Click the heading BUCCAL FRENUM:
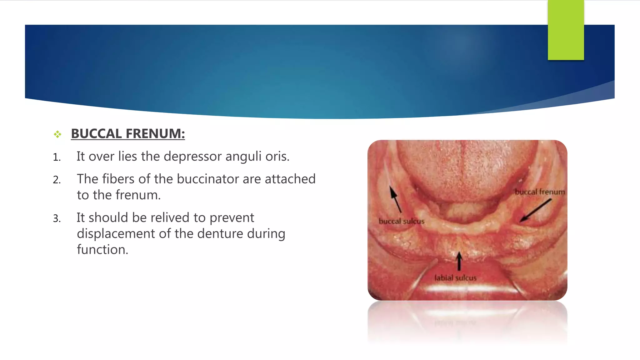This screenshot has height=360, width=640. tap(128, 134)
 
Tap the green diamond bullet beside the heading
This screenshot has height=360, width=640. tap(57, 134)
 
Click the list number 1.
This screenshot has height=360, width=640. tap(57, 157)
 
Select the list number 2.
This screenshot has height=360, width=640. tap(57, 180)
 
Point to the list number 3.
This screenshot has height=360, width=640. tap(57, 218)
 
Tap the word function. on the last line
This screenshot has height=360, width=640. tap(102, 250)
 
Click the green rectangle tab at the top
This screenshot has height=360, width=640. tap(566, 30)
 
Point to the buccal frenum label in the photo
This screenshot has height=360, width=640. tap(540, 192)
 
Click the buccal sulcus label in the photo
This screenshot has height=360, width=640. tap(402, 221)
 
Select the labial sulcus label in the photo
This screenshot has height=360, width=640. tap(455, 278)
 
